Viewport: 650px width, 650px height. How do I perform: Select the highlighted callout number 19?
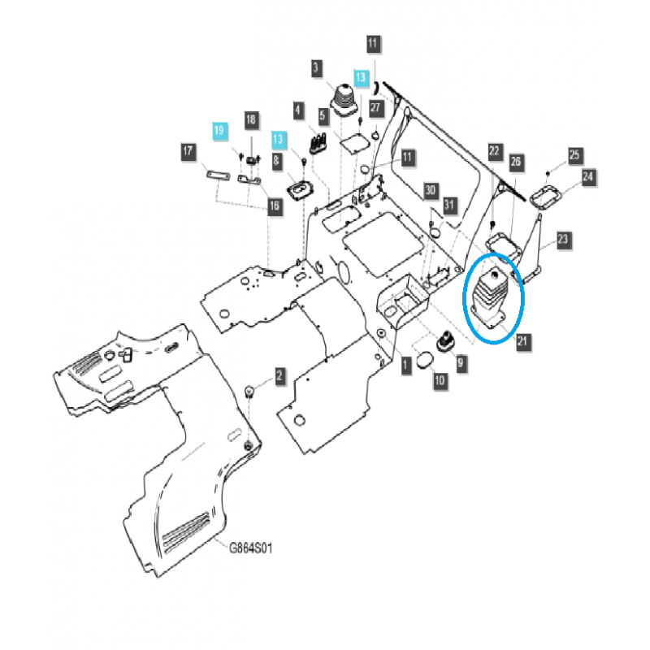pos(218,131)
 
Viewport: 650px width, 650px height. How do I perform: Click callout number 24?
pos(588,176)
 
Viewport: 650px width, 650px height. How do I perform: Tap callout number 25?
pos(575,154)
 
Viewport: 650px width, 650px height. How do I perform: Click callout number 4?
pos(299,109)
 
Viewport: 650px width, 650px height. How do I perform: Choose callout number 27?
pos(375,106)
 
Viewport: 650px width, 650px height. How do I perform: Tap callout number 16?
pos(275,208)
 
